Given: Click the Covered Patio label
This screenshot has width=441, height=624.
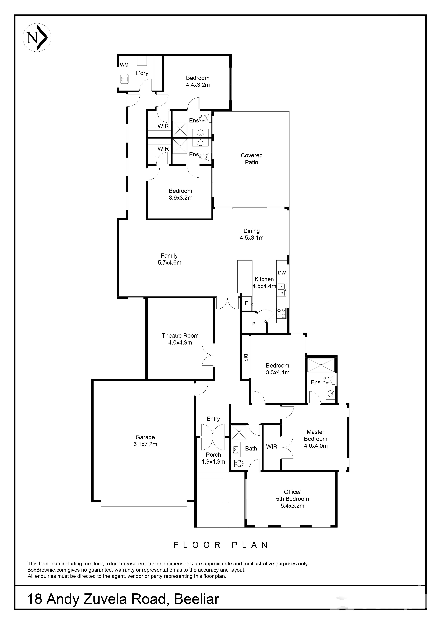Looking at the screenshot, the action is [252, 159].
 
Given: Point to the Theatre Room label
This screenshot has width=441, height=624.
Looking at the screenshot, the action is [180, 339].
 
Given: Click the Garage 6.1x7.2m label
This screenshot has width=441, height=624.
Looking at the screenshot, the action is [145, 441].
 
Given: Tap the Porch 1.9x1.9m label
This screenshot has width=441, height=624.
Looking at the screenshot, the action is [213, 458].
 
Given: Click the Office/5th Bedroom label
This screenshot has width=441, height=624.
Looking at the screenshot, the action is [292, 499].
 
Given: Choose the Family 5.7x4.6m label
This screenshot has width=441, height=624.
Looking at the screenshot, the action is [169, 259].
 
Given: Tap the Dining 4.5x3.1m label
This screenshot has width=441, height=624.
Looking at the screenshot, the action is [252, 234].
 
